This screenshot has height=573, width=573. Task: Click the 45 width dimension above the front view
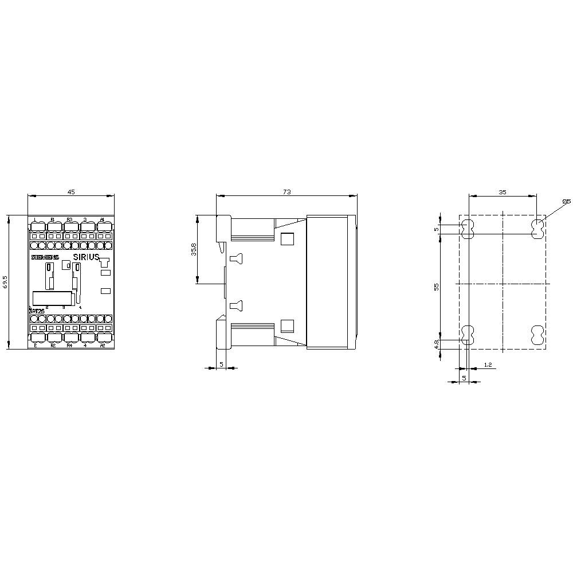click(71, 192)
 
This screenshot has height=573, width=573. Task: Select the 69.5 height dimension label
click(5, 282)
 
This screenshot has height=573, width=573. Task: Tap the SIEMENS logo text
click(44, 258)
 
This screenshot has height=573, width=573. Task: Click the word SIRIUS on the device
click(87, 257)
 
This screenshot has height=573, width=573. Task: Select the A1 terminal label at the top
click(102, 219)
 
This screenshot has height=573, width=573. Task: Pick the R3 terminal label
click(69, 219)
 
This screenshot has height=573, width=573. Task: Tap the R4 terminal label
click(69, 346)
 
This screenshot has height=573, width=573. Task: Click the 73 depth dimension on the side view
click(286, 192)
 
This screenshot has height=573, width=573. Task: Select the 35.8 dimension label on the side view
click(193, 249)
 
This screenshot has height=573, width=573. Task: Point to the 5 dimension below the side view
click(221, 364)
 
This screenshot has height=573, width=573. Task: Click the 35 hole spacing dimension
click(502, 193)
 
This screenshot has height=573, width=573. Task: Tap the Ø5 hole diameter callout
click(566, 201)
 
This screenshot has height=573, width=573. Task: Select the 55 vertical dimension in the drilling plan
click(437, 286)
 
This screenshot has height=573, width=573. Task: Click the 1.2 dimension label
click(487, 364)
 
